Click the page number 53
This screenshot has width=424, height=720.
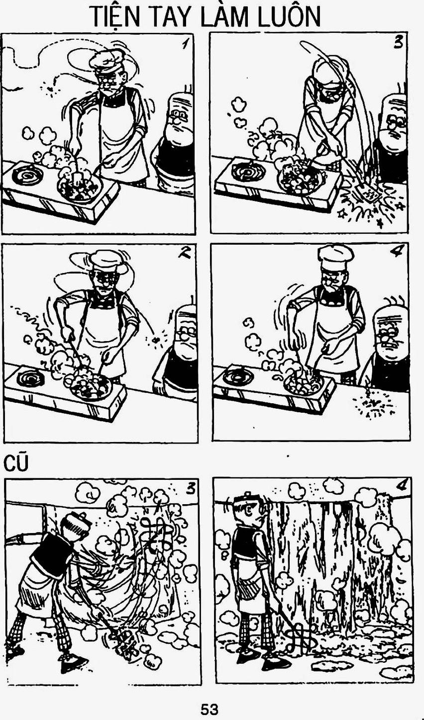pos(210,709)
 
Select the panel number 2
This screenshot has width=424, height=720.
pos(185,254)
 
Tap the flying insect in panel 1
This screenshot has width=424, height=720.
pos(50,88)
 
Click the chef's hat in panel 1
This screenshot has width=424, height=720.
pos(104,60)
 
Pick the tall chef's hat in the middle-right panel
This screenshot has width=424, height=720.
pos(335,259)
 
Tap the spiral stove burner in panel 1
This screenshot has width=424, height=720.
pos(27,175)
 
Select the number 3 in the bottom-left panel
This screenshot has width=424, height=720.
pos(190,489)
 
